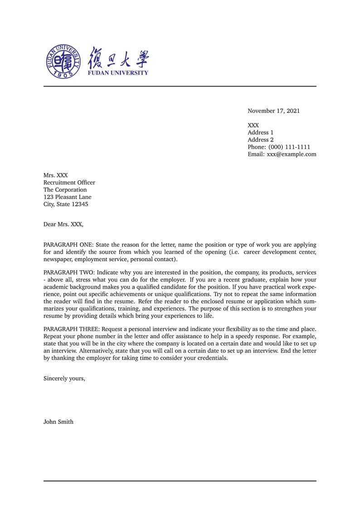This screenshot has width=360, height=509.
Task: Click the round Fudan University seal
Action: pos(64,61)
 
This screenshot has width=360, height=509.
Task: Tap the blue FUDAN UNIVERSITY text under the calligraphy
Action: pos(118,73)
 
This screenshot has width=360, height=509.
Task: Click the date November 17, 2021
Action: pos(273,111)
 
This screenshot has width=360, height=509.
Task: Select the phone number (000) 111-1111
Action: pos(289,147)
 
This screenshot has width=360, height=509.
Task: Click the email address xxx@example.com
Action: pos(292,154)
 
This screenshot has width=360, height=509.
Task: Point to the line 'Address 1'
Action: pos(260,132)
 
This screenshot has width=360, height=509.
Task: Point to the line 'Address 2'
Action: pos(260,140)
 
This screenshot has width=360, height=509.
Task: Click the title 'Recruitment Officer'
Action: pos(69,183)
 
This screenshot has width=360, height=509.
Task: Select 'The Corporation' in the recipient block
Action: pos(65,190)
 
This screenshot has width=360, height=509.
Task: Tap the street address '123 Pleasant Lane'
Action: pos(67,197)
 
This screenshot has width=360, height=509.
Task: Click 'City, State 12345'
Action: pos(66,204)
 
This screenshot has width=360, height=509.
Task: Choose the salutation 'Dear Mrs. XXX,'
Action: pos(63,224)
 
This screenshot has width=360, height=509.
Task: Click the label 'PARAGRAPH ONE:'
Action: pos(68,245)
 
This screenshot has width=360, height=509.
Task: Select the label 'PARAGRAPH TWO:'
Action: pos(68,272)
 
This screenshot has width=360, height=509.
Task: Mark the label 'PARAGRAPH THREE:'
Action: pos(72,329)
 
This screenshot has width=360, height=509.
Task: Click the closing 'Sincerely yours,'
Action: pos(64,378)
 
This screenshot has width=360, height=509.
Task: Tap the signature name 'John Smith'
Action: pos(58,422)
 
